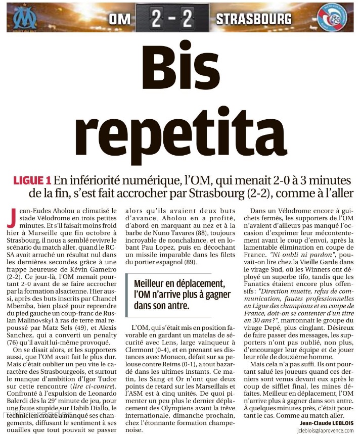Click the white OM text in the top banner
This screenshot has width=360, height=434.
120,19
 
